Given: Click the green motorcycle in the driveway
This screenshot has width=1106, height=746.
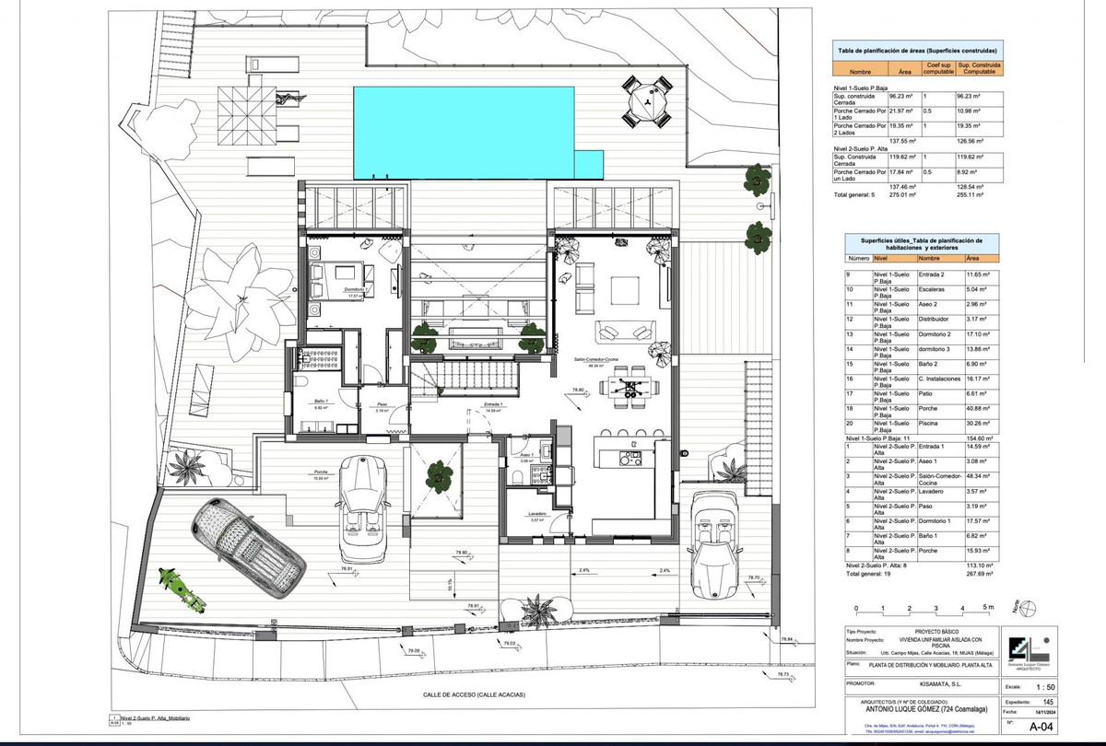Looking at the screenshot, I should pos(180,589).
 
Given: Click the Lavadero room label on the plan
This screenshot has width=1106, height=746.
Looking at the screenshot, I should pos(537,513).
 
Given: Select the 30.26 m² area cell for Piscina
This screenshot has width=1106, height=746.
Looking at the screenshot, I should pos(979,425).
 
